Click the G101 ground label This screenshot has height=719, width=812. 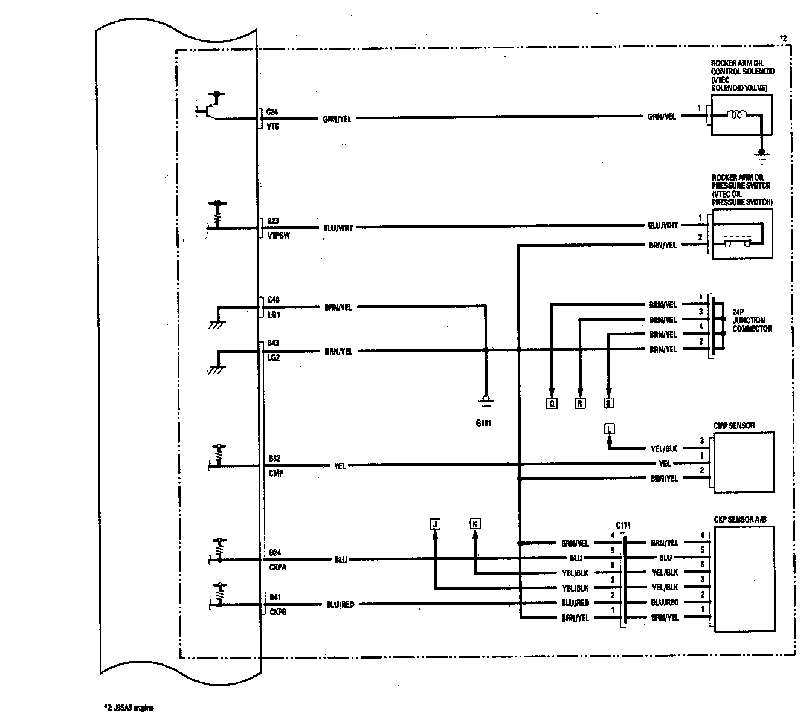pyautogui.click(x=483, y=423)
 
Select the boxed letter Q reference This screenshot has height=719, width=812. pyautogui.click(x=552, y=403)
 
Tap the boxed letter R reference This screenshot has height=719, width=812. pyautogui.click(x=580, y=403)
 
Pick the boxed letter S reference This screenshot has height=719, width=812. pyautogui.click(x=608, y=403)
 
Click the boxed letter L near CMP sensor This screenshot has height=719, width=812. pyautogui.click(x=609, y=429)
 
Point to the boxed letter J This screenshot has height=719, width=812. pyautogui.click(x=434, y=524)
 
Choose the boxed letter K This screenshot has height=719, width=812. pyautogui.click(x=475, y=524)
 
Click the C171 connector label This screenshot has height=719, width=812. pyautogui.click(x=623, y=525)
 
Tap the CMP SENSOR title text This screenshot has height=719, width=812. pyautogui.click(x=734, y=426)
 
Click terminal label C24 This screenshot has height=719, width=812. pyautogui.click(x=272, y=112)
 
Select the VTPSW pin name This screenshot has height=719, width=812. pyautogui.click(x=278, y=236)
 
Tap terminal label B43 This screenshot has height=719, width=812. pyautogui.click(x=273, y=343)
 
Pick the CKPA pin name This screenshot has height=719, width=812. pyautogui.click(x=278, y=567)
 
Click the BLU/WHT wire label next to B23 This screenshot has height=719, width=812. pyautogui.click(x=338, y=228)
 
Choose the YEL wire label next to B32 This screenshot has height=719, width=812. pyautogui.click(x=340, y=466)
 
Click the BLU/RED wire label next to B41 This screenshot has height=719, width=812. pyautogui.click(x=340, y=604)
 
